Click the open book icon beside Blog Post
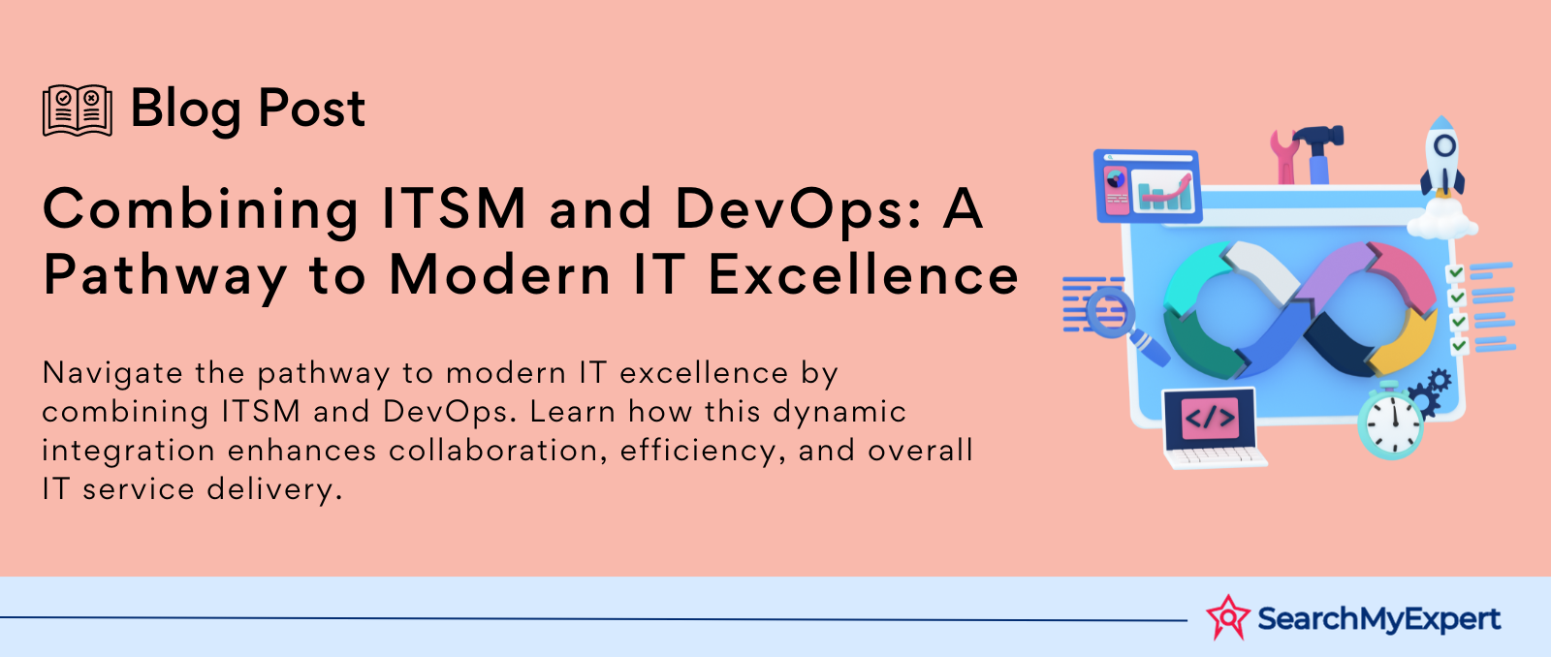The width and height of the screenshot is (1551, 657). tap(78, 110)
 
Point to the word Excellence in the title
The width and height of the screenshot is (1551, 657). tap(864, 274)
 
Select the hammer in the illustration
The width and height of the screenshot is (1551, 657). tap(1318, 153)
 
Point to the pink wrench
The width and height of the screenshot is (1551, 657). tap(1285, 157)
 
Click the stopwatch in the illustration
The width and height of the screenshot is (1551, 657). tap(1390, 422)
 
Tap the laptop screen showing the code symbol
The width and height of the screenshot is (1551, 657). tap(1210, 419)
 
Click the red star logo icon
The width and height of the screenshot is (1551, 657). tap(1227, 617)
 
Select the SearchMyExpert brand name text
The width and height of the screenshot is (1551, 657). tap(1378, 619)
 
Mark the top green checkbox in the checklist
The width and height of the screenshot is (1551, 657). tap(1455, 273)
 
